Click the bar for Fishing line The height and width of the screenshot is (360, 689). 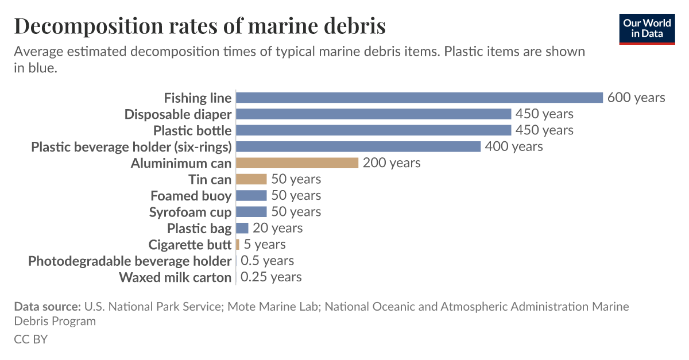pos(419,98)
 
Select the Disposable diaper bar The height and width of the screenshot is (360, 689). pos(373,114)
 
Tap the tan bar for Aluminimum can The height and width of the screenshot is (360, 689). pos(297,163)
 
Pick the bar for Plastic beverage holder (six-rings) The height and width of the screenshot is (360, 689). pos(358,146)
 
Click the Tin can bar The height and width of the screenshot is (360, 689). pos(251,179)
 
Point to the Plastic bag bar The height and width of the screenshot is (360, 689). pos(242,228)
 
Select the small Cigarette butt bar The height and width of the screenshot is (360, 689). pos(238,245)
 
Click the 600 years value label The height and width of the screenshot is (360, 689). pos(636,98)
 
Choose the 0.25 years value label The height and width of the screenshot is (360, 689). pos(271,277)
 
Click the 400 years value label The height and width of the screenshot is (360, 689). pos(514,146)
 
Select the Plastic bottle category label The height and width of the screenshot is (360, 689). pos(192,130)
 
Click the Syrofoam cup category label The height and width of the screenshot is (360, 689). pos(190,212)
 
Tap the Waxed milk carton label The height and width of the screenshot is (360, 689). pos(175,277)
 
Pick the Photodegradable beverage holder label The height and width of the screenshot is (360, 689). pos(130,261)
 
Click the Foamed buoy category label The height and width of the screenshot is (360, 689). pos(191,196)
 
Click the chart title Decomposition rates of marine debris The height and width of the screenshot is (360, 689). pos(200,26)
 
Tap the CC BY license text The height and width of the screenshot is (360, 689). pos(30,339)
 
